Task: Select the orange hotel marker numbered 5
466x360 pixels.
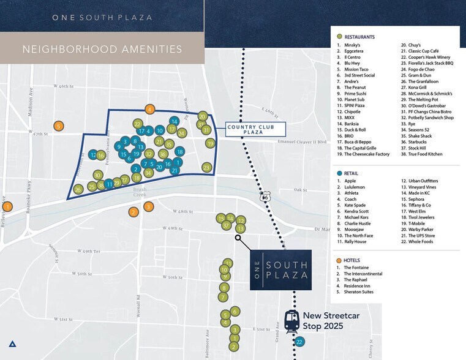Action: point(58,126)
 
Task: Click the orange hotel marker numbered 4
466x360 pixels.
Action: point(149,110)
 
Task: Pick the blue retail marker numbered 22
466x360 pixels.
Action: point(299,342)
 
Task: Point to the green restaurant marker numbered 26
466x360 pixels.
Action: point(78,190)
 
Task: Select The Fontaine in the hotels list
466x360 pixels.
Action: point(356,268)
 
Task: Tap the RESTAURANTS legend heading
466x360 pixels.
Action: point(359,37)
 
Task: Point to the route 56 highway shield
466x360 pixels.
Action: point(265,197)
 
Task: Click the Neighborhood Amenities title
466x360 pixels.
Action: point(102,48)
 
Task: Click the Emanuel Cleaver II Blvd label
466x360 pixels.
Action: point(301,142)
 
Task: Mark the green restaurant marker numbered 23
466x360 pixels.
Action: point(207,167)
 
